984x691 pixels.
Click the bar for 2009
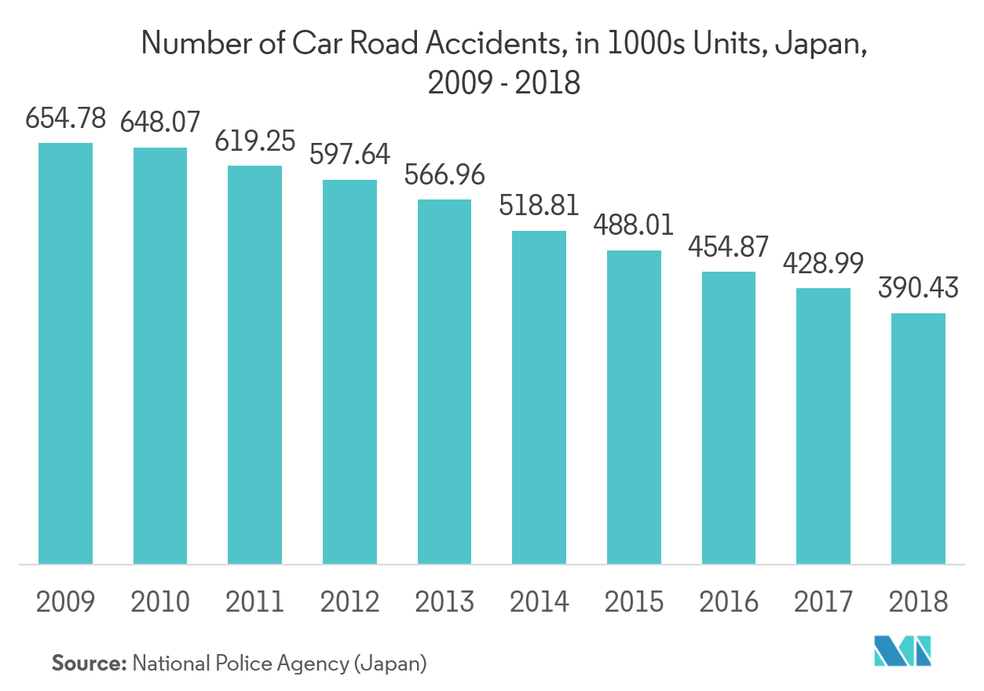coord(66,353)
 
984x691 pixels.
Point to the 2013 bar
coord(444,382)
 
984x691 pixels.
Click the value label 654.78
coord(66,120)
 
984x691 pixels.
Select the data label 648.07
coord(160,122)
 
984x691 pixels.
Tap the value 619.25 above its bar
coord(254,141)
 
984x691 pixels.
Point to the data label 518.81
coord(539,206)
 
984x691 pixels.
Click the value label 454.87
coord(728,247)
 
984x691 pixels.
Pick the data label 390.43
coord(918,289)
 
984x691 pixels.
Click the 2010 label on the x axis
coord(160,602)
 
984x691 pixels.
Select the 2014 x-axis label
coord(539,602)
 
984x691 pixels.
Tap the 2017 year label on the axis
coord(823,602)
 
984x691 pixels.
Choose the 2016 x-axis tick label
coord(728,602)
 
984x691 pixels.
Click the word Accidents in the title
coord(493,45)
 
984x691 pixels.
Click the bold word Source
coord(89,664)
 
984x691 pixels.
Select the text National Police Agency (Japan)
coord(280,664)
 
